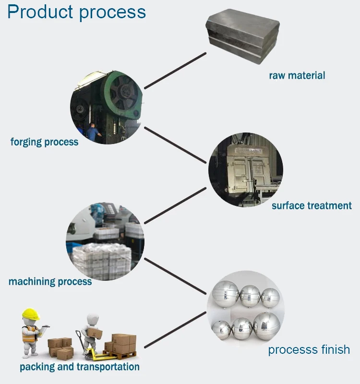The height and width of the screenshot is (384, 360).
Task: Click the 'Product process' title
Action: coord(76,12)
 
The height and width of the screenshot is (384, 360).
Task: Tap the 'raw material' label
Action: coord(297,75)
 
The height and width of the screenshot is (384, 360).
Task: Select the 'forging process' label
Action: coord(44,142)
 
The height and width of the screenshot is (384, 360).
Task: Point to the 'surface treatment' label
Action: coord(312,206)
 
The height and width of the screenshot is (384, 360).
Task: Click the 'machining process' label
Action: coord(50,282)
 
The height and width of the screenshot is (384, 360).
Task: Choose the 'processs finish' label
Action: coord(309,349)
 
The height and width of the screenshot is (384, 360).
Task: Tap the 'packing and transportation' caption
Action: coord(80,367)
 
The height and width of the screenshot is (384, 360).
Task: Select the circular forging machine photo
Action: coord(106,107)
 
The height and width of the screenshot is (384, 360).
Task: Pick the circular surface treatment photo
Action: coord(245,170)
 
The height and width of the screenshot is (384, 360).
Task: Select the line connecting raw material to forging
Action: coord(175,71)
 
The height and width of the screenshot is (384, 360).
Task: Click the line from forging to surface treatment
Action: coord(176,145)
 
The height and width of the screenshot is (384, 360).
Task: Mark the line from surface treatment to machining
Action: coord(175,205)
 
